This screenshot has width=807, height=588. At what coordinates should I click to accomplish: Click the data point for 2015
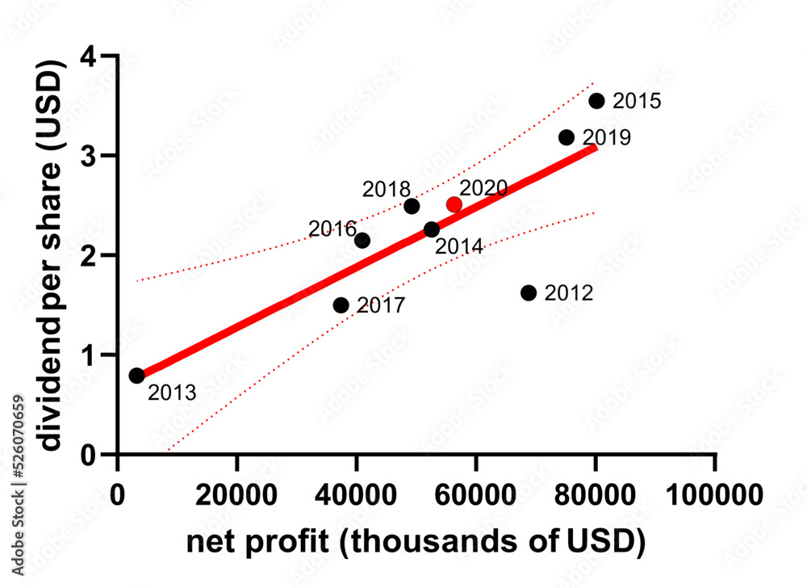(x=596, y=101)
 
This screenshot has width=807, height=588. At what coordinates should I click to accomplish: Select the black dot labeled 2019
(x=567, y=137)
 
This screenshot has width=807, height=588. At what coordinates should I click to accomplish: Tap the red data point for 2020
(x=454, y=204)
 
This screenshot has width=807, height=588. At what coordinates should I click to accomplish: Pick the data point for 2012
(x=529, y=292)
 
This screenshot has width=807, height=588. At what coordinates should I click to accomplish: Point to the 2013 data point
(x=136, y=376)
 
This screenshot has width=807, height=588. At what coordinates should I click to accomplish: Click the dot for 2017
(x=341, y=305)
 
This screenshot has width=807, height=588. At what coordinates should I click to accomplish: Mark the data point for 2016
(x=362, y=241)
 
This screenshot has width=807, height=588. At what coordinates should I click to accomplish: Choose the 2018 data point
(x=412, y=206)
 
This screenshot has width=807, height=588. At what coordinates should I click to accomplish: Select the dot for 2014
(x=432, y=230)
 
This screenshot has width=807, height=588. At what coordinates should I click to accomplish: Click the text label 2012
(x=569, y=293)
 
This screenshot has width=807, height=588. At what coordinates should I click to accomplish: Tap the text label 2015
(x=637, y=102)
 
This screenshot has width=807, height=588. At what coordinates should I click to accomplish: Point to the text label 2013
(x=172, y=393)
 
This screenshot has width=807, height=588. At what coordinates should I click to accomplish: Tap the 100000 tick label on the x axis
(x=714, y=493)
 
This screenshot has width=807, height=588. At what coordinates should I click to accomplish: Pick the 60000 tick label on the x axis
(x=476, y=493)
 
